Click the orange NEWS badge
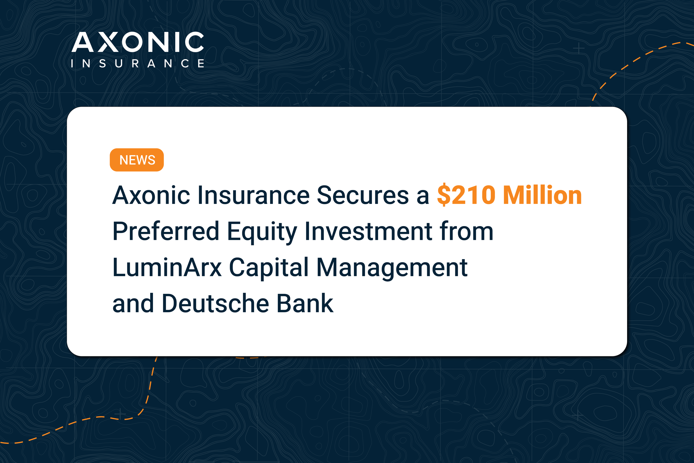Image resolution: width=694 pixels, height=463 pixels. [x=137, y=160]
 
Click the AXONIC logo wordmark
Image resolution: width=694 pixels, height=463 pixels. [x=138, y=42]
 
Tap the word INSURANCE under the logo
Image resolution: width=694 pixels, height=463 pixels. [x=137, y=63]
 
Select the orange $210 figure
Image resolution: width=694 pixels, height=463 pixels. [x=466, y=195]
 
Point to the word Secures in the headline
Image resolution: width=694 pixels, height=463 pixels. [x=363, y=195]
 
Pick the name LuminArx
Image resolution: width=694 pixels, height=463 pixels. [x=167, y=267]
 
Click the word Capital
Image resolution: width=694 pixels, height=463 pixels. [x=269, y=269]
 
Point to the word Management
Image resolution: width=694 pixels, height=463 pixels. [x=392, y=269]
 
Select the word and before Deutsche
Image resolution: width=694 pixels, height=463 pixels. [x=133, y=303]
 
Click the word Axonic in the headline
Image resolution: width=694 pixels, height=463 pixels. [x=151, y=195]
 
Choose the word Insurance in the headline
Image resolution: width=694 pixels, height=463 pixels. [x=253, y=195]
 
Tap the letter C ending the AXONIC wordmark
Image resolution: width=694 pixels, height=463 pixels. [x=194, y=42]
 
